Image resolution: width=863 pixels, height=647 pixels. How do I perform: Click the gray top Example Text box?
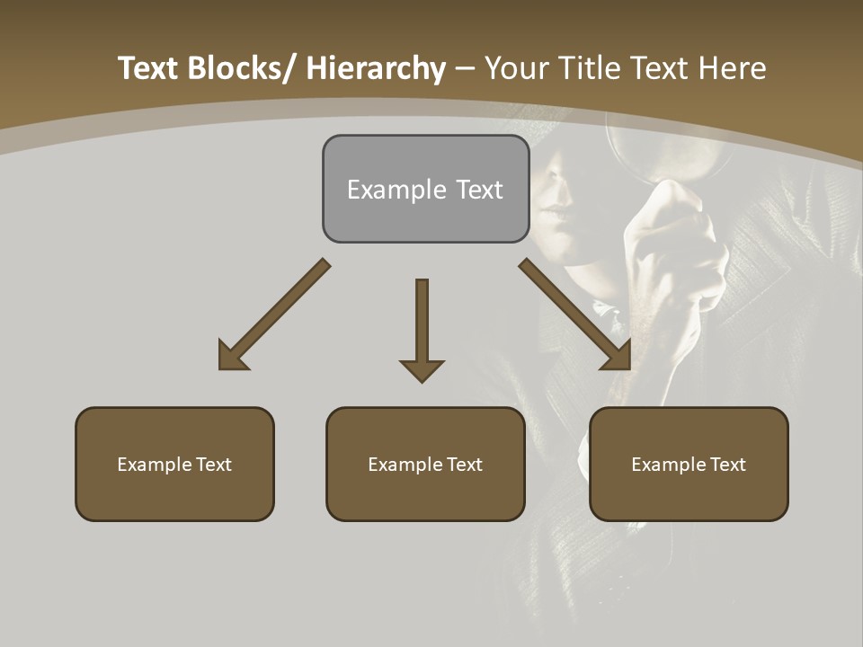point(425,189)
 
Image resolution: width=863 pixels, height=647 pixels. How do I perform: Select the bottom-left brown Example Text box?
point(174,464)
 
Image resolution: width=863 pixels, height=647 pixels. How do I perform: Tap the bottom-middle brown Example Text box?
point(425,464)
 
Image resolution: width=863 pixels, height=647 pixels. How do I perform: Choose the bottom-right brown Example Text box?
point(689,464)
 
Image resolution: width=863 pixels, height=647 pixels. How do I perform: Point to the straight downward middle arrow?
point(422,323)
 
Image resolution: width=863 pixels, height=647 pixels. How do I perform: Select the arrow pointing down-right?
point(575,315)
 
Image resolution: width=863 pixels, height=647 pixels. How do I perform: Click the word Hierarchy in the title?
point(376,68)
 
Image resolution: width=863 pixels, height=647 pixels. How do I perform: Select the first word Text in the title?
point(148,68)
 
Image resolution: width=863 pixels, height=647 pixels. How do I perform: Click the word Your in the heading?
point(516,68)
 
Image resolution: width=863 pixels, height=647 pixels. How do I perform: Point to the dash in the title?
point(465,70)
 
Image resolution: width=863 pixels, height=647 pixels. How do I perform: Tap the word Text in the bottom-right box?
point(726,464)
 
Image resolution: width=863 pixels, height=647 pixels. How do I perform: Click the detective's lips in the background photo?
point(555,217)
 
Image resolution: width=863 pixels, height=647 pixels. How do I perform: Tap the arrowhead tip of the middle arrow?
point(422,381)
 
